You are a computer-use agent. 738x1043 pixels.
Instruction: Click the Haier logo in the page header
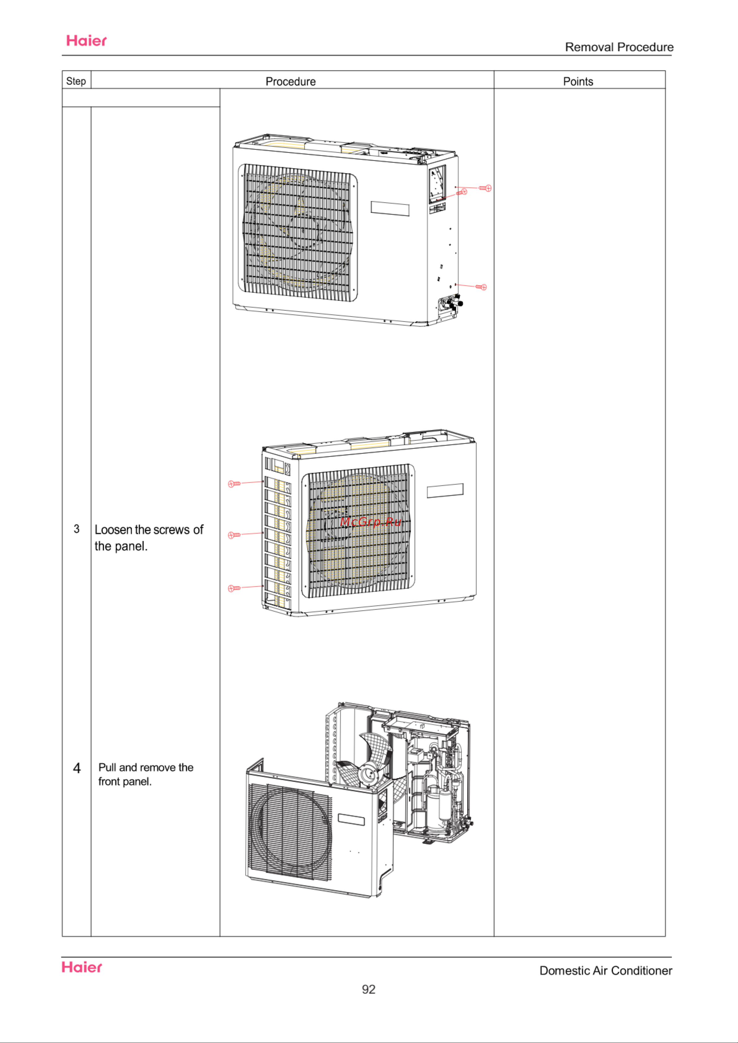(86, 41)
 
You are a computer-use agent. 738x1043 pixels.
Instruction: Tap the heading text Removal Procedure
(619, 47)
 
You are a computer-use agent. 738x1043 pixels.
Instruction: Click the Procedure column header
(290, 81)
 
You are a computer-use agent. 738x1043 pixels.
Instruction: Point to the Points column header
(578, 81)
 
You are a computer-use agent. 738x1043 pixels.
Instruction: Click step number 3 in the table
(76, 529)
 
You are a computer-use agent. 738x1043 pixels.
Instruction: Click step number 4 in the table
(77, 768)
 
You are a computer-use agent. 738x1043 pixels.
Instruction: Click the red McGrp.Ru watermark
(371, 521)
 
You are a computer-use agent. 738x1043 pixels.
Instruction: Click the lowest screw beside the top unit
(481, 287)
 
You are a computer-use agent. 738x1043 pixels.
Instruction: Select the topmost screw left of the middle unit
(234, 484)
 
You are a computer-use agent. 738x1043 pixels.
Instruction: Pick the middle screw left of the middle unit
(234, 535)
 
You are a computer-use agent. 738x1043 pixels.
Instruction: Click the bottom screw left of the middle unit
(234, 588)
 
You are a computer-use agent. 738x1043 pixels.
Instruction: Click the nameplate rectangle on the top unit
(390, 209)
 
